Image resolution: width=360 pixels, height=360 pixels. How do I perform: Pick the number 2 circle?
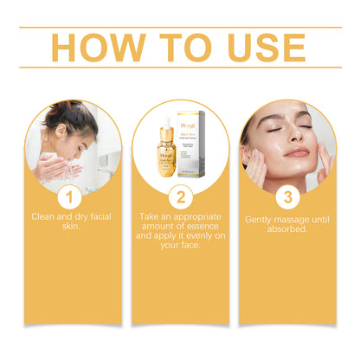click(181, 195)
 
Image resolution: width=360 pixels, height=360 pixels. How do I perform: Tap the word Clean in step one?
click(46, 215)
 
